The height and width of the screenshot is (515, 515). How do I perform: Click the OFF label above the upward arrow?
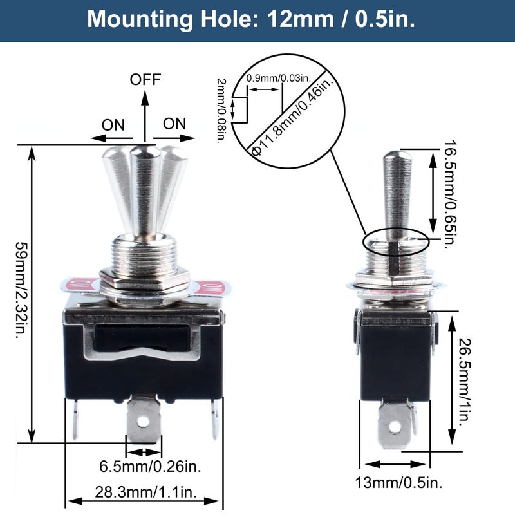pos(145,79)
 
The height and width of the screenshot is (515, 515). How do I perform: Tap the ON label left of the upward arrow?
pos(113,125)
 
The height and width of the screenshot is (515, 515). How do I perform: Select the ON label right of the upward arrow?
pos(174,124)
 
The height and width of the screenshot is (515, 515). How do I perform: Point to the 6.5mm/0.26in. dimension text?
pos(151,467)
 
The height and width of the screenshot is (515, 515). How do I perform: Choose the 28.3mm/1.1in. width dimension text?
pos(146,492)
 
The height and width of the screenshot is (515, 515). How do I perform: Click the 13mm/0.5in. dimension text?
pos(399,482)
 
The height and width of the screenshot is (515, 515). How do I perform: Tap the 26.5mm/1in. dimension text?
pos(465,382)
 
